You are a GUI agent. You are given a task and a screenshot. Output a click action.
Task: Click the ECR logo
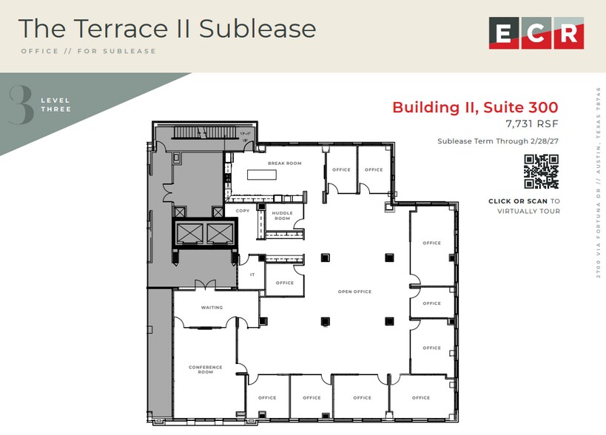point(536,33)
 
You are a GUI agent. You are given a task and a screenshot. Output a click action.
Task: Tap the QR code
point(541,172)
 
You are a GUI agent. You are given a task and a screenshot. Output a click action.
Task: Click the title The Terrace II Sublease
point(167,29)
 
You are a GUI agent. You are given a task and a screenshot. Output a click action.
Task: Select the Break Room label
point(284,163)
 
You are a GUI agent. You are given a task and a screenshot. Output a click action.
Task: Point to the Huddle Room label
point(283,215)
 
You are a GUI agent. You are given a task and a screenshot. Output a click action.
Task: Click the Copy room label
point(243,211)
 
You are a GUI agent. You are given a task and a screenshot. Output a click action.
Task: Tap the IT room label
point(252,274)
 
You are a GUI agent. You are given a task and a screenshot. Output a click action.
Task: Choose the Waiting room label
point(212,307)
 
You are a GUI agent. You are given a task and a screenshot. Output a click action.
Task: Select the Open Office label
point(354,291)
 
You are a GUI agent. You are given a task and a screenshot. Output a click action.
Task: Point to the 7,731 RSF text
point(531,124)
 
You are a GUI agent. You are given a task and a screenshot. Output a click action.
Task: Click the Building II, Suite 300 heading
point(475,107)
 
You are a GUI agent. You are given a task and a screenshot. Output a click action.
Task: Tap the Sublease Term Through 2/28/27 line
point(497,141)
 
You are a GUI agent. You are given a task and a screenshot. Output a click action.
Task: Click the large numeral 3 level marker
point(21,105)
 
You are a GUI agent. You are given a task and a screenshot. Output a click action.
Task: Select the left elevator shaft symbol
point(188,233)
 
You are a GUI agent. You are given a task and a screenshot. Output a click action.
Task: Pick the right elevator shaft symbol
point(220,233)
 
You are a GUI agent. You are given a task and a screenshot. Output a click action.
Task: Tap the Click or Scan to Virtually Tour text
point(524,206)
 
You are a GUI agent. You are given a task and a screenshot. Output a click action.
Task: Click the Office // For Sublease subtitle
point(89,51)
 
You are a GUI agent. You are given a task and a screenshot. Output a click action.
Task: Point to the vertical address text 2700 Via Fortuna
point(598,181)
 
